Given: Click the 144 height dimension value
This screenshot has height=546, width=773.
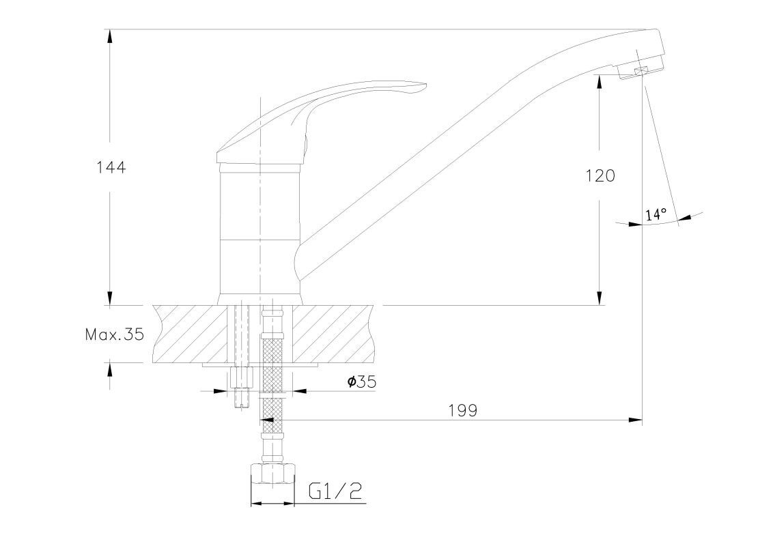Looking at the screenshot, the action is (111, 167).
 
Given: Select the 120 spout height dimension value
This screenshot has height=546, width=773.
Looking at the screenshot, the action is (600, 175).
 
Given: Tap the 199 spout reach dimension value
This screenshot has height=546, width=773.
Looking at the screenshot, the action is (464, 410).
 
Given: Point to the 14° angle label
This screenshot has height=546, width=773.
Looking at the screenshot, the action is (656, 214).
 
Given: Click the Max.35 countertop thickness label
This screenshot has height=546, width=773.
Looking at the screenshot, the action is (115, 334).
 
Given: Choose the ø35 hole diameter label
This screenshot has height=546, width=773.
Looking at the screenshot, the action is (362, 382).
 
